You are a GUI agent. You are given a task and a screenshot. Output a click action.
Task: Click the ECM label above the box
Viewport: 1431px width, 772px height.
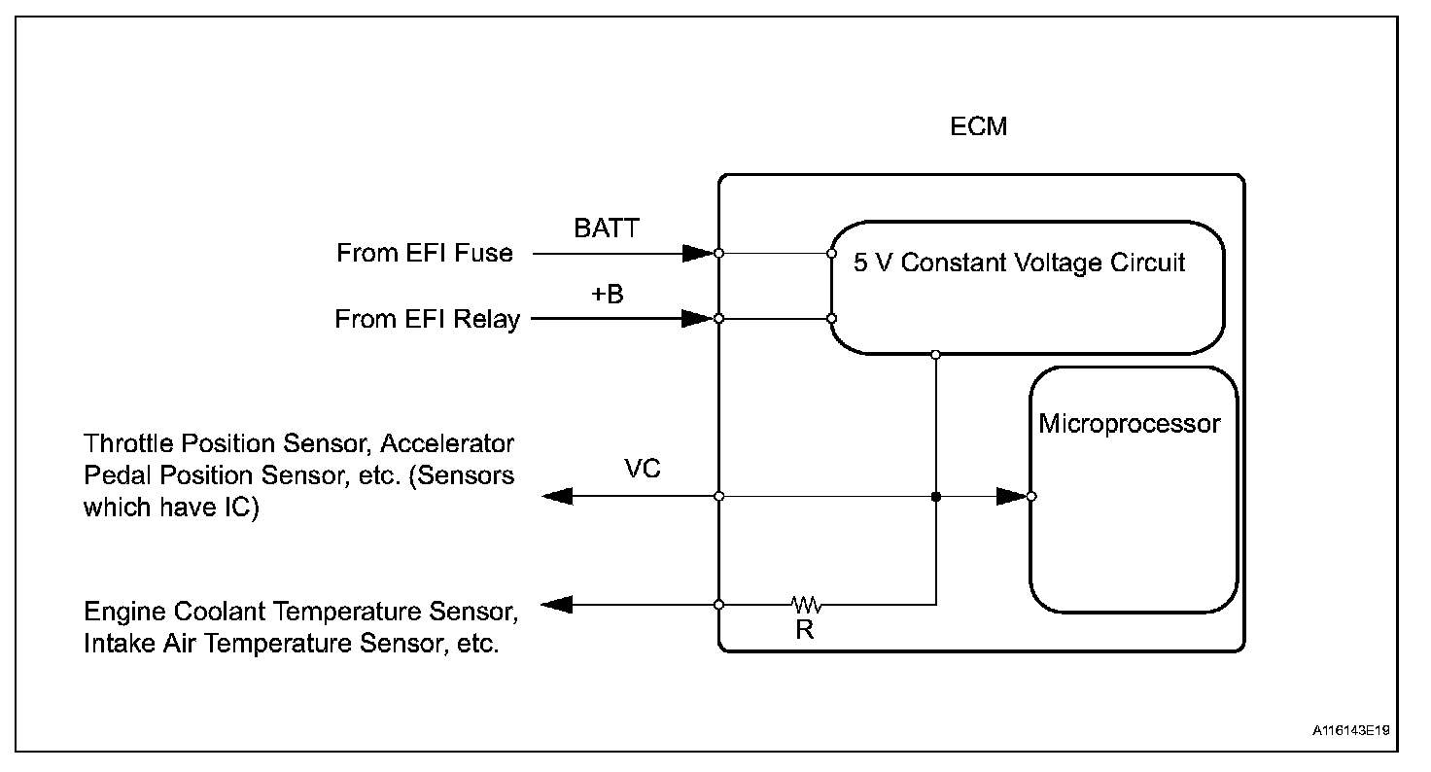tap(979, 127)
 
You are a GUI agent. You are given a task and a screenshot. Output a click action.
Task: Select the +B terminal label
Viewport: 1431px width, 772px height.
tap(608, 294)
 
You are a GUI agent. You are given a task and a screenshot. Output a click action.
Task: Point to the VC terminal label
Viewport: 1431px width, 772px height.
tap(642, 470)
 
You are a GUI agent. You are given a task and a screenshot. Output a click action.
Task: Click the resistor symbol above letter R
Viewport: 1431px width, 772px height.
tap(807, 605)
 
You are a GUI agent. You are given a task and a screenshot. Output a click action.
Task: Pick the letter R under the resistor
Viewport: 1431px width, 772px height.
tap(804, 630)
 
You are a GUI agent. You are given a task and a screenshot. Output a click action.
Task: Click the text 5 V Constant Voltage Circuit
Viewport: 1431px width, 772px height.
tap(1020, 263)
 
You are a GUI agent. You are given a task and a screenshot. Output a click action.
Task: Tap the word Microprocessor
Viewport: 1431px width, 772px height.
tap(1129, 424)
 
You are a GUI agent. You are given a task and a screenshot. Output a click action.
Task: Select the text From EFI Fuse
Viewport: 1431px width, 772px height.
tap(424, 254)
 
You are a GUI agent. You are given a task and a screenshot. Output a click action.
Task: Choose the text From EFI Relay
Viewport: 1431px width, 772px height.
tap(427, 319)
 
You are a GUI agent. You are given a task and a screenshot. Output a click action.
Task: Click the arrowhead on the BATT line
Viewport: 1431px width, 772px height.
tap(696, 254)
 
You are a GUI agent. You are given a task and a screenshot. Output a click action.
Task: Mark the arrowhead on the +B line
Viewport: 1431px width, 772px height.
tap(696, 318)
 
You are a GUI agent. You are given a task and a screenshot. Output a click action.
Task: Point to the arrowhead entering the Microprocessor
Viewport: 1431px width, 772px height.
tap(1011, 497)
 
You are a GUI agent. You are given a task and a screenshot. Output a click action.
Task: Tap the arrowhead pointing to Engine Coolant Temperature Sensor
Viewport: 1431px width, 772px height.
tap(556, 605)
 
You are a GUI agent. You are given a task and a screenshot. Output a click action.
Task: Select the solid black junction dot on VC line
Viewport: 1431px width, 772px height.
tap(936, 497)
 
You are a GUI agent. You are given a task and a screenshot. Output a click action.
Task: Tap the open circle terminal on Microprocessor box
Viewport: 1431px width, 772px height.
tap(1031, 497)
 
